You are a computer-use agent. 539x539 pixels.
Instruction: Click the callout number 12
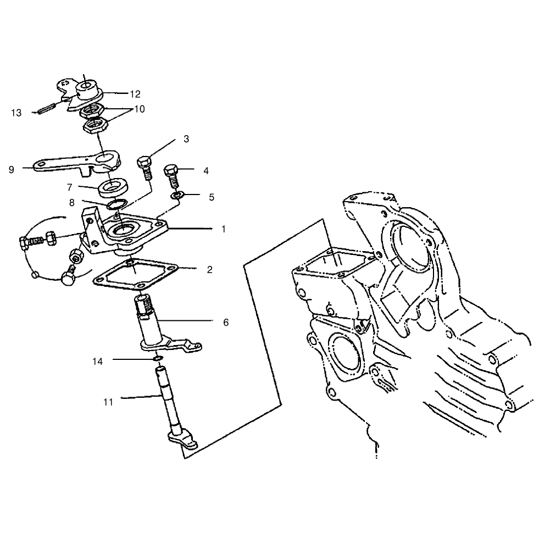click(x=135, y=94)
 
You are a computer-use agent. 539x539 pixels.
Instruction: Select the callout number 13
click(x=16, y=113)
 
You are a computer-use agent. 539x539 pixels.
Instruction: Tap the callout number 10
click(x=139, y=109)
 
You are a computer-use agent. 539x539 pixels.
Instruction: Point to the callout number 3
click(x=186, y=139)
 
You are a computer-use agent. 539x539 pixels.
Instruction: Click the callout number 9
click(x=12, y=169)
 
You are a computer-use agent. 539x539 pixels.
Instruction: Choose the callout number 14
click(x=97, y=362)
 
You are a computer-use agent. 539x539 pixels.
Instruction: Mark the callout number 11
click(x=108, y=402)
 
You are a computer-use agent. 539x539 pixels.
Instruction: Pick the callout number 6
click(x=226, y=323)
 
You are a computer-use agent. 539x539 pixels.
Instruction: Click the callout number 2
click(x=210, y=269)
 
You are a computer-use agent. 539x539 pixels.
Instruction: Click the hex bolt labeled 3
click(x=145, y=168)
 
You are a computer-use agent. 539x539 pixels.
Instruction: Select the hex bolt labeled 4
click(x=172, y=176)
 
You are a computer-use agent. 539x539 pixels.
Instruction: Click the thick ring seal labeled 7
click(x=113, y=187)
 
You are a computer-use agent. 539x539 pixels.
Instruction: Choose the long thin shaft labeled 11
click(x=170, y=405)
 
